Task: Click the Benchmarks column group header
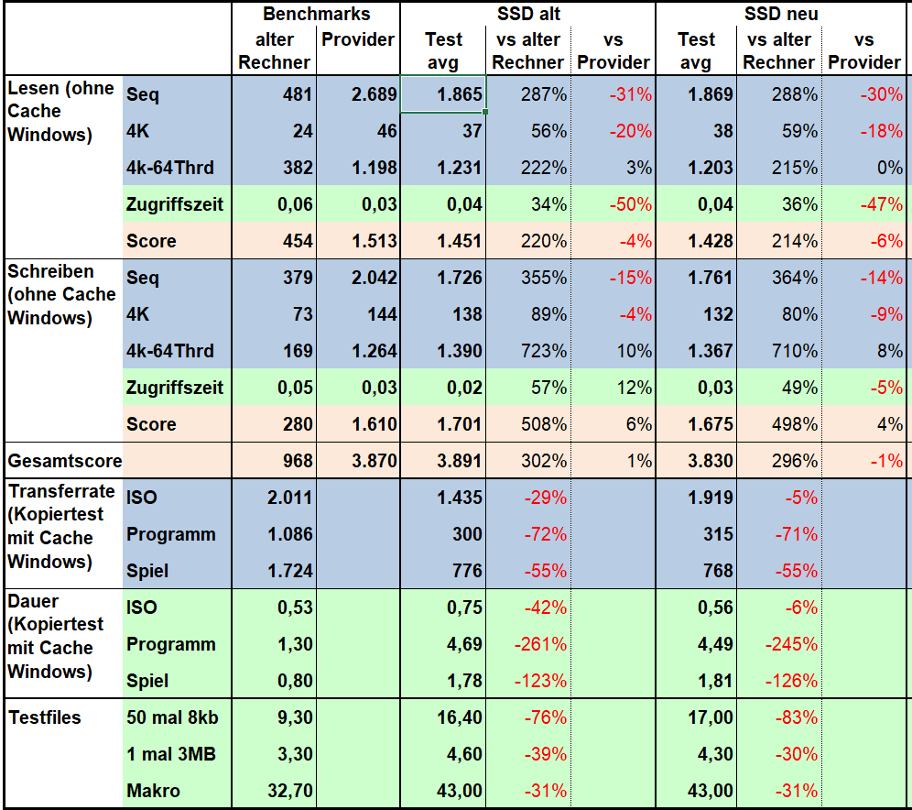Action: pos(316,14)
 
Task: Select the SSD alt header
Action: pos(528,14)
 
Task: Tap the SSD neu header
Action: pos(781,14)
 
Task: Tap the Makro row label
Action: pos(153,791)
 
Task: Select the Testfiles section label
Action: pos(44,717)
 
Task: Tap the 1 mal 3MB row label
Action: pos(170,754)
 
